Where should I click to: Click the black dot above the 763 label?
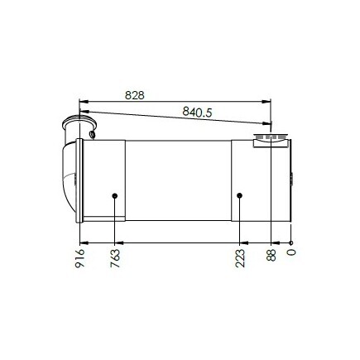click(115, 196)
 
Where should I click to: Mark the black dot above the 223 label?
click(240, 196)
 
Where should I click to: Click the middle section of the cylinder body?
click(178, 180)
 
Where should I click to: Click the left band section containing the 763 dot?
click(106, 180)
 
